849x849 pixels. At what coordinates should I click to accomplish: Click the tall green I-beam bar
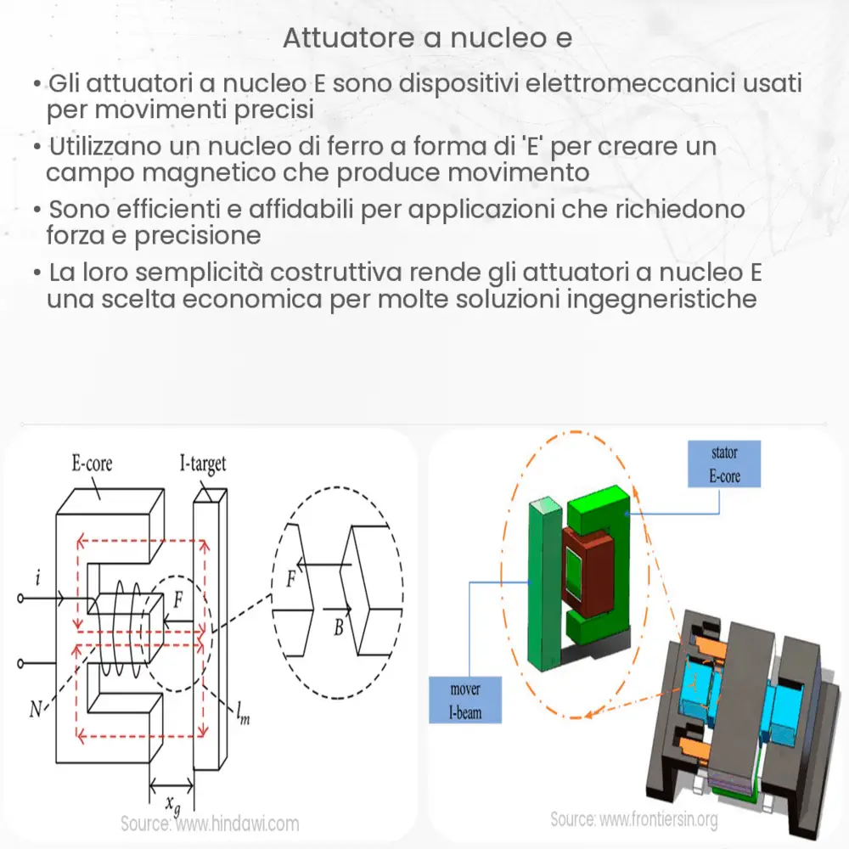click(543, 594)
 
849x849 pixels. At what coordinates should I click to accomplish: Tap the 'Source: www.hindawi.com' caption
click(210, 823)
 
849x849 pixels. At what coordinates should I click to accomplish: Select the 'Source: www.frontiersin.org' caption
click(634, 819)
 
